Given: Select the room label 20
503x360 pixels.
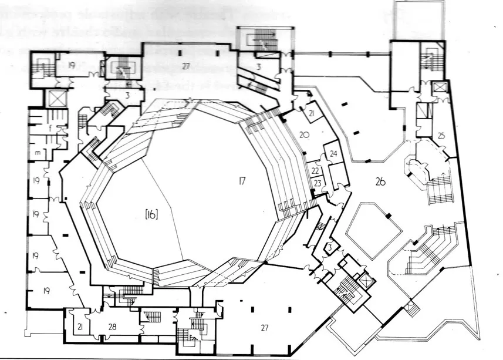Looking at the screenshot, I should click(303, 134).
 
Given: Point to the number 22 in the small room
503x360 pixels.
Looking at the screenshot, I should click(315, 170).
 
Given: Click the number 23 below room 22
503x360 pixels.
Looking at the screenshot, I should click(318, 183).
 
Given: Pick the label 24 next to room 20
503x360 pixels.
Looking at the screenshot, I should click(333, 154).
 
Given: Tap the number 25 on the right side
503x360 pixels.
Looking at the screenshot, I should click(441, 136).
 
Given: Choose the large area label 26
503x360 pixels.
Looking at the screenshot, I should click(380, 181).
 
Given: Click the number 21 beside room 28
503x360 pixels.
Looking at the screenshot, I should click(78, 326).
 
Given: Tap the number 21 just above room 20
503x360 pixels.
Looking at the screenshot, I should click(311, 113).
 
